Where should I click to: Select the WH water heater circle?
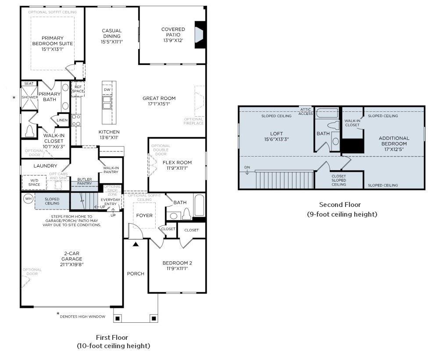28,199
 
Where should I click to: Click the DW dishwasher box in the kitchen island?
107,90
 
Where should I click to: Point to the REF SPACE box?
78,89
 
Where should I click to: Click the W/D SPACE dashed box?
34,182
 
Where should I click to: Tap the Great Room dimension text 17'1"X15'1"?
159,104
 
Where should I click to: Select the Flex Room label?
177,162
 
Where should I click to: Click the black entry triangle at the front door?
136,243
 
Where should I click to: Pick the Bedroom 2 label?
177,263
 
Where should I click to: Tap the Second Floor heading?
339,205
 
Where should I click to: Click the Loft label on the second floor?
276,134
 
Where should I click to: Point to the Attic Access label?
306,111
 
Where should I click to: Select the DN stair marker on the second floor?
247,167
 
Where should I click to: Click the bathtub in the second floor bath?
327,113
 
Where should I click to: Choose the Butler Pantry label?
85,181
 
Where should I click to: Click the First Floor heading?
112,337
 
